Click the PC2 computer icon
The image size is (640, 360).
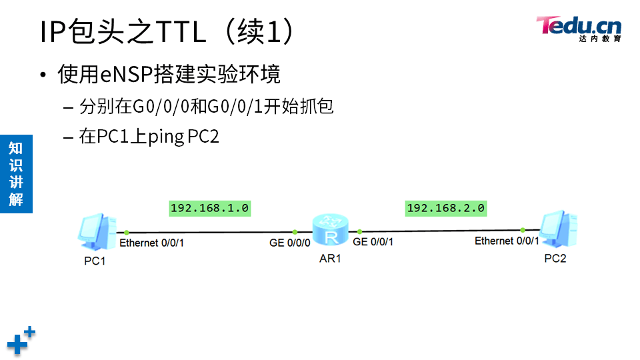558,228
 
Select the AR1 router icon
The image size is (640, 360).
330,230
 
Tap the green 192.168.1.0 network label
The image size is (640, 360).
209,209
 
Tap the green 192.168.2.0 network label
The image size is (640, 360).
445,209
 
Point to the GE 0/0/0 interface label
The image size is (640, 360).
290,243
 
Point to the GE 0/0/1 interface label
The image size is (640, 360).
373,242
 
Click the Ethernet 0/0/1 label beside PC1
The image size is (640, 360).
152,243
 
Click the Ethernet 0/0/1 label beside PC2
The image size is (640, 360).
507,241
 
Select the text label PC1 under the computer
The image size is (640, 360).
95,261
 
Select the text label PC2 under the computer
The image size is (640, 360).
555,259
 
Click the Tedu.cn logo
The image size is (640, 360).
579,28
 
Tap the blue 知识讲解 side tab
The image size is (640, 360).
16,174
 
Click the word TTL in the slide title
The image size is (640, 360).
181,32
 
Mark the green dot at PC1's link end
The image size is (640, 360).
126,232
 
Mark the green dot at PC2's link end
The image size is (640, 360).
523,229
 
